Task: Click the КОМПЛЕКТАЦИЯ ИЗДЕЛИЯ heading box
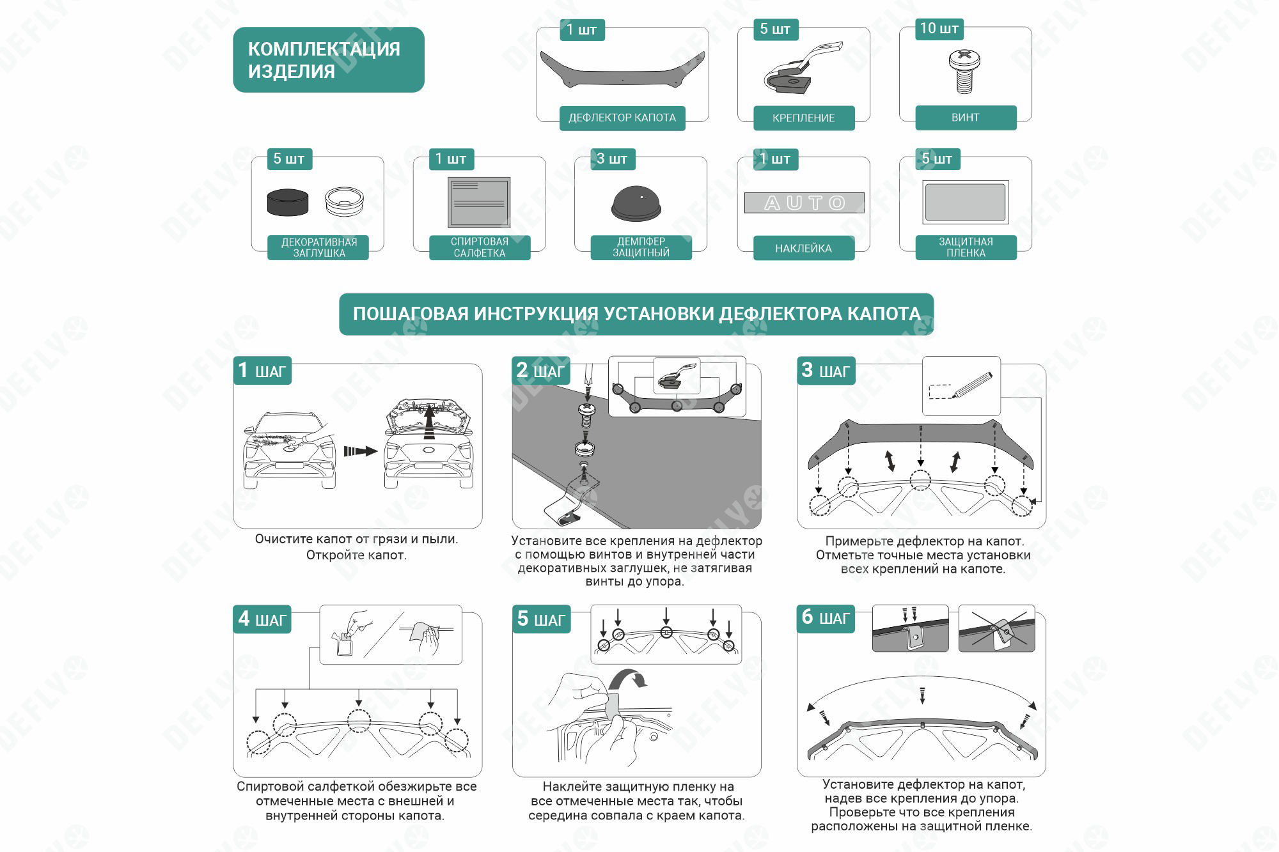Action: tap(329, 59)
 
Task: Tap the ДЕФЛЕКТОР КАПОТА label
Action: tap(622, 118)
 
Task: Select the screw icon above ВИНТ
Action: tap(964, 72)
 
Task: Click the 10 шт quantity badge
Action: tap(939, 29)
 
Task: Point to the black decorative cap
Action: tap(287, 203)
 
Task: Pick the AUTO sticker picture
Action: tap(804, 203)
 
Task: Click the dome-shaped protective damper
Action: tap(636, 204)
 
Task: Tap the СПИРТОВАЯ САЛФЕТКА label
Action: tap(480, 247)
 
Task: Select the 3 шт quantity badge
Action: tap(612, 159)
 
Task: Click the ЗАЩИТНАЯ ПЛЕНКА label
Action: tap(966, 247)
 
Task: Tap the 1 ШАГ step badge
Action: tap(262, 371)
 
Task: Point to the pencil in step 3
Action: tap(972, 385)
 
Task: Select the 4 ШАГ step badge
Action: tap(262, 619)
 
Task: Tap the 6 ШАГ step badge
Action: tap(826, 618)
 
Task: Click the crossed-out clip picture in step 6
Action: tap(996, 629)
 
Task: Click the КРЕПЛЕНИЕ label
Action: tap(804, 118)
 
